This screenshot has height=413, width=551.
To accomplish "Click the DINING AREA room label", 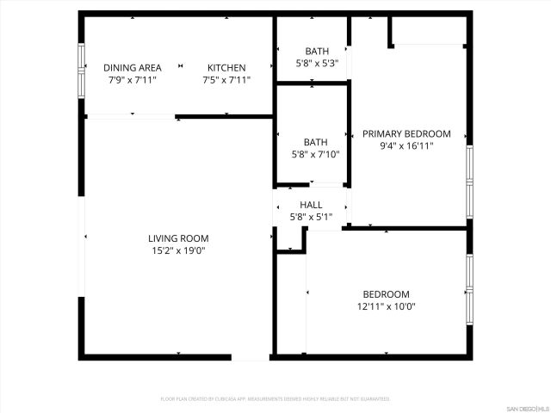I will (133, 68).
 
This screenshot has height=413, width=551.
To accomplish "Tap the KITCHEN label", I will (226, 68).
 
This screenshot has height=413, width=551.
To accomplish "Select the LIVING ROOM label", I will (178, 238).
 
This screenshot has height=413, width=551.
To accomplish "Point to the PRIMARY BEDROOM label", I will (406, 133).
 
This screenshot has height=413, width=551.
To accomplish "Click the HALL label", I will (311, 205).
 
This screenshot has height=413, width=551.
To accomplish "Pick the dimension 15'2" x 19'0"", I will (178, 250).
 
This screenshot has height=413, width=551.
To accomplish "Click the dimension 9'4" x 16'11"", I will (406, 146).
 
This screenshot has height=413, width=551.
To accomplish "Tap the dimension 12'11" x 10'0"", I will (386, 306).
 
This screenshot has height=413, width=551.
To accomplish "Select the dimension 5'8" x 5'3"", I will (316, 63).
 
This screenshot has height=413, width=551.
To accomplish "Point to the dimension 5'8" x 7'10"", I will (316, 155).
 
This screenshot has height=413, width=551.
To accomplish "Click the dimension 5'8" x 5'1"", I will (311, 217).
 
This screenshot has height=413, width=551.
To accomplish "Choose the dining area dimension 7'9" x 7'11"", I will (133, 80).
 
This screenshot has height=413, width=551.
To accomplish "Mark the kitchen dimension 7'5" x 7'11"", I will (226, 80).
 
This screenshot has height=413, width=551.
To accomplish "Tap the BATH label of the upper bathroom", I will (316, 51).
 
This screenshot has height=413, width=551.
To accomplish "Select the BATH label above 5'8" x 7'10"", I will (316, 143).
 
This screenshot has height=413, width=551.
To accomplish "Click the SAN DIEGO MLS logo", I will (527, 407).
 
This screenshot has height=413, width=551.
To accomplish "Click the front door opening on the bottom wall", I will (251, 356).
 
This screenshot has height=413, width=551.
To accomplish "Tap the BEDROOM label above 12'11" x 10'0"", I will (386, 294).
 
